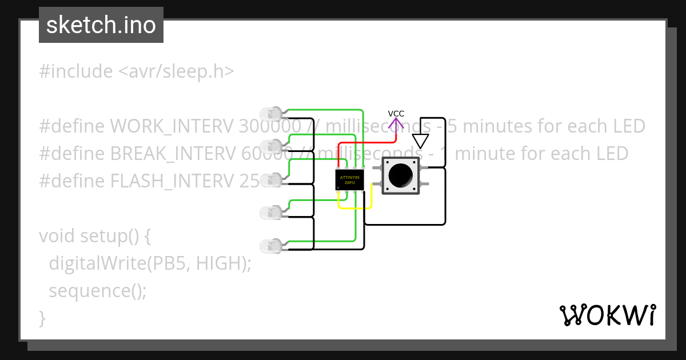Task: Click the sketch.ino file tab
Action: (x=101, y=25)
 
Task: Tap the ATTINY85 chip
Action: (x=349, y=180)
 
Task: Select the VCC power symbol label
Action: (x=396, y=114)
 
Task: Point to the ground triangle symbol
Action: (x=421, y=141)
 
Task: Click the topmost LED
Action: (x=270, y=113)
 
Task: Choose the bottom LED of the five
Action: (x=270, y=246)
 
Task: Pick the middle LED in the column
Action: (x=270, y=181)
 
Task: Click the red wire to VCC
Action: (x=366, y=143)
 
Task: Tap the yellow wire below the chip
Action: (x=356, y=207)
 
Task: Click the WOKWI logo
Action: (x=607, y=315)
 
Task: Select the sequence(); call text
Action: (x=98, y=291)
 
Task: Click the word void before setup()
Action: (x=57, y=235)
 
